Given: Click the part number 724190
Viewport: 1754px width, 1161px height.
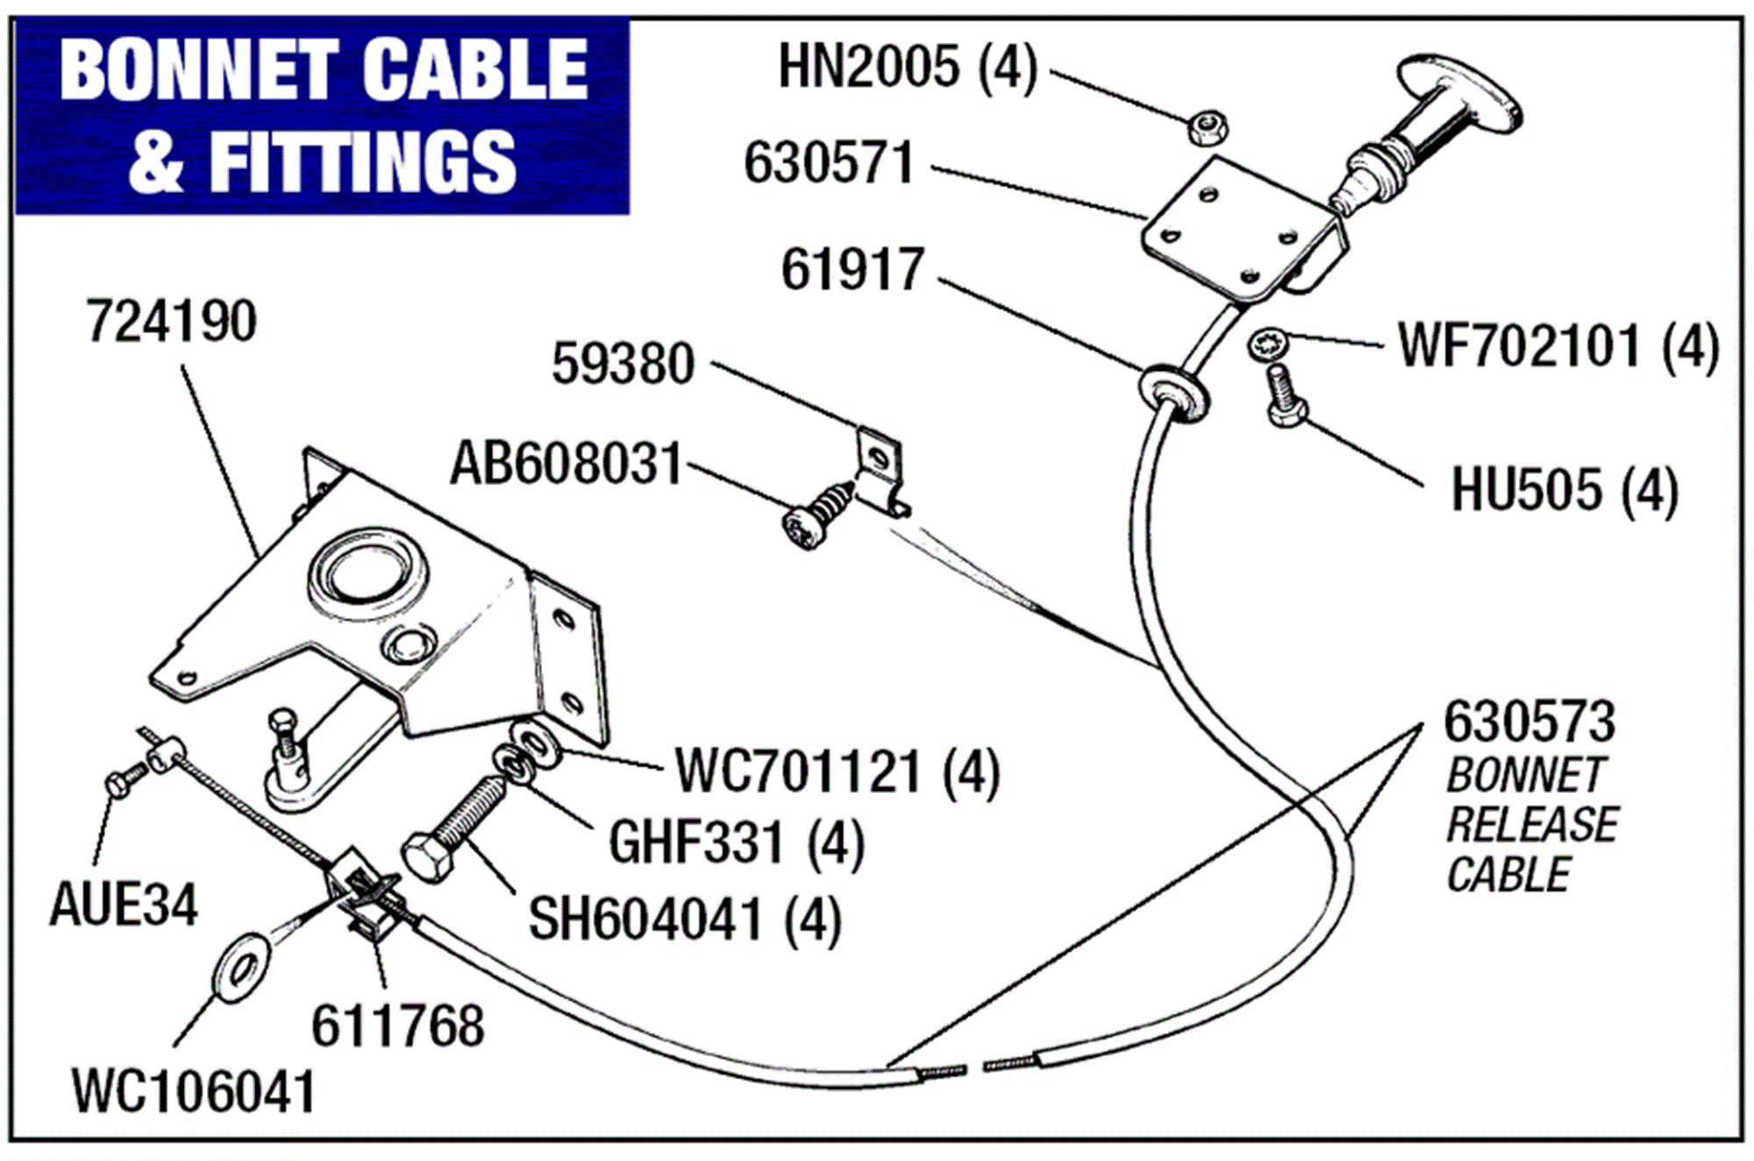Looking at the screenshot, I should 171,322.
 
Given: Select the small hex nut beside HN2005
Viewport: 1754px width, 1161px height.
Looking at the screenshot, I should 1208,128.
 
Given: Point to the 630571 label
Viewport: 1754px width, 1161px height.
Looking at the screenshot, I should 829,163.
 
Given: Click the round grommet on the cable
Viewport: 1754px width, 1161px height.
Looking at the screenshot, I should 1173,392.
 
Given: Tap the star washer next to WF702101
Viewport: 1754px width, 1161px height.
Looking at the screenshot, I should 1266,343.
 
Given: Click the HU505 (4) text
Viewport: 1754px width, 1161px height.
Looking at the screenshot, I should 1564,490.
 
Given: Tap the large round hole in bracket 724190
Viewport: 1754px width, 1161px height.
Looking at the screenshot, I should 368,572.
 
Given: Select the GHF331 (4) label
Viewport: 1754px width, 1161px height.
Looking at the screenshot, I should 735,844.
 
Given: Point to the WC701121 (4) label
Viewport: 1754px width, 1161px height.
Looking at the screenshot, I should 837,773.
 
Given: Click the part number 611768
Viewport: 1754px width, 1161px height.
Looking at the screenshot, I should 397,1026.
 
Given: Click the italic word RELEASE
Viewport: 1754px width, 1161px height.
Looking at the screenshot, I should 1531,825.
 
